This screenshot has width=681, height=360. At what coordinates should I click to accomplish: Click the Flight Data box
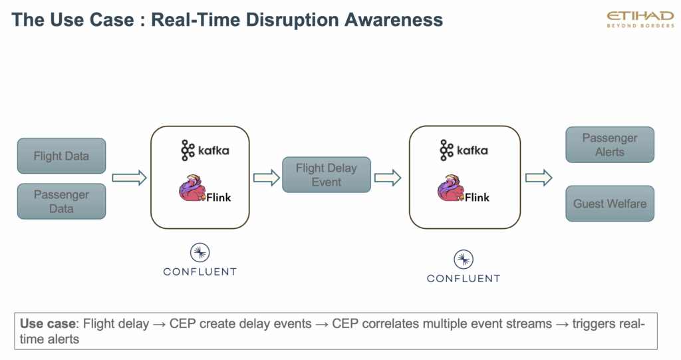(x=61, y=156)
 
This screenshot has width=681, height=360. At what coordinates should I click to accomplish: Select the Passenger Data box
(x=61, y=202)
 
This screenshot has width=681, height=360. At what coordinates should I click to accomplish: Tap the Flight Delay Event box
(x=327, y=175)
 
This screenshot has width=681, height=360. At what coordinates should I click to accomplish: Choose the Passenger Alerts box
(x=610, y=145)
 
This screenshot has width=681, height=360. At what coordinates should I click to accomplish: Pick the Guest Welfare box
(x=610, y=204)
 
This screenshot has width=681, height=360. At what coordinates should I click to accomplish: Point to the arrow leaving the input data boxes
(x=129, y=177)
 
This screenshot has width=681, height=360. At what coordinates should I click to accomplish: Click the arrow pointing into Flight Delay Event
(x=266, y=177)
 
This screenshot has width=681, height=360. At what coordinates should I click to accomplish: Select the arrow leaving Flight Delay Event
(x=388, y=177)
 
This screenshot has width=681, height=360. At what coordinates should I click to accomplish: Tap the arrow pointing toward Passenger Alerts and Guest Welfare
(x=539, y=177)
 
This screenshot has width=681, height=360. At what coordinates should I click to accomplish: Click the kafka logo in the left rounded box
(x=205, y=150)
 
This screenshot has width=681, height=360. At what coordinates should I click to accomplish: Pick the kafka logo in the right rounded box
(x=464, y=150)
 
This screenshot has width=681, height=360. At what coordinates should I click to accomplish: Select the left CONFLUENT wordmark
(x=200, y=271)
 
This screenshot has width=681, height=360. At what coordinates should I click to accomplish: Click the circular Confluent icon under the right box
(x=464, y=260)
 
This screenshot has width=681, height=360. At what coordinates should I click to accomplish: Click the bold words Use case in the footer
(x=49, y=324)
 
